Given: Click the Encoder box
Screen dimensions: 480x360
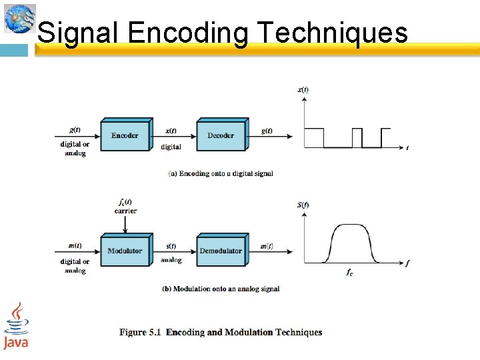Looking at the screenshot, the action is pos(125,136).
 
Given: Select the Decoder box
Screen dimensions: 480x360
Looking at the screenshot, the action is pos(221,136).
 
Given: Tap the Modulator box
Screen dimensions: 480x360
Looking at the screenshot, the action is pos(125,251).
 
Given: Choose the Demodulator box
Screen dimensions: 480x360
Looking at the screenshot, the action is pos(221,251).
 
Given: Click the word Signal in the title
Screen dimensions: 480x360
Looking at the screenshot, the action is pos(78,32).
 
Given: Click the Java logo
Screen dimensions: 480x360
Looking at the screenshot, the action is pos(16,326).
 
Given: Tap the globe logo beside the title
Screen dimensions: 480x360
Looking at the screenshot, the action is pos(19,19).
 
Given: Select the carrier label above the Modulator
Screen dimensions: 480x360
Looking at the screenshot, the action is pos(125,211).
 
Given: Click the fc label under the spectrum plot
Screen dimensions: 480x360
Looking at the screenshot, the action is pos(349,272).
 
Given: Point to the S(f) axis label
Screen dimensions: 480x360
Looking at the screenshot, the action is pos(303,205).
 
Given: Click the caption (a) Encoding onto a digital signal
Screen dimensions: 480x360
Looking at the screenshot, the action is pos(221,173).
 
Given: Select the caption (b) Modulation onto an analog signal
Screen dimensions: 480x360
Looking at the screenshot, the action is pos(221,289).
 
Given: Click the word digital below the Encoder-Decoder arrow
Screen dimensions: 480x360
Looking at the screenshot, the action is pos(171,147).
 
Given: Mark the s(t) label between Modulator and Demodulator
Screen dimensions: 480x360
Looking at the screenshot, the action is pos(171,246).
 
